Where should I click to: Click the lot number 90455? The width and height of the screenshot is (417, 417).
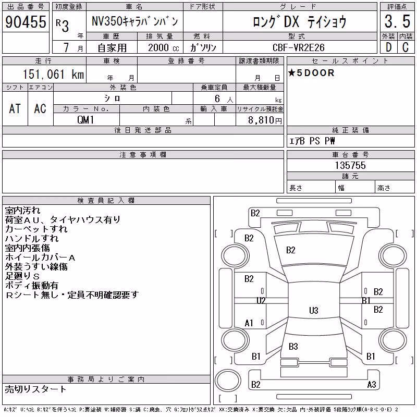point(26,22)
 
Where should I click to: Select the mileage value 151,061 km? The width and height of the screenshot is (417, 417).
point(53,74)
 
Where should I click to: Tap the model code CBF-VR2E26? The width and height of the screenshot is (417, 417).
point(298,47)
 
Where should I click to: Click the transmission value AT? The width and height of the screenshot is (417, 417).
point(15,108)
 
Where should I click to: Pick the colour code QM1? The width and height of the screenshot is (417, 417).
point(85,120)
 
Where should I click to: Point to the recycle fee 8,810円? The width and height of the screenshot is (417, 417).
point(265,120)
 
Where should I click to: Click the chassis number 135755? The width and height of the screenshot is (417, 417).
point(350,165)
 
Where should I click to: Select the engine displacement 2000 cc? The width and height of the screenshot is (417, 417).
point(164,47)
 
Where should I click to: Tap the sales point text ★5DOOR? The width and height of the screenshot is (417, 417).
point(311,73)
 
